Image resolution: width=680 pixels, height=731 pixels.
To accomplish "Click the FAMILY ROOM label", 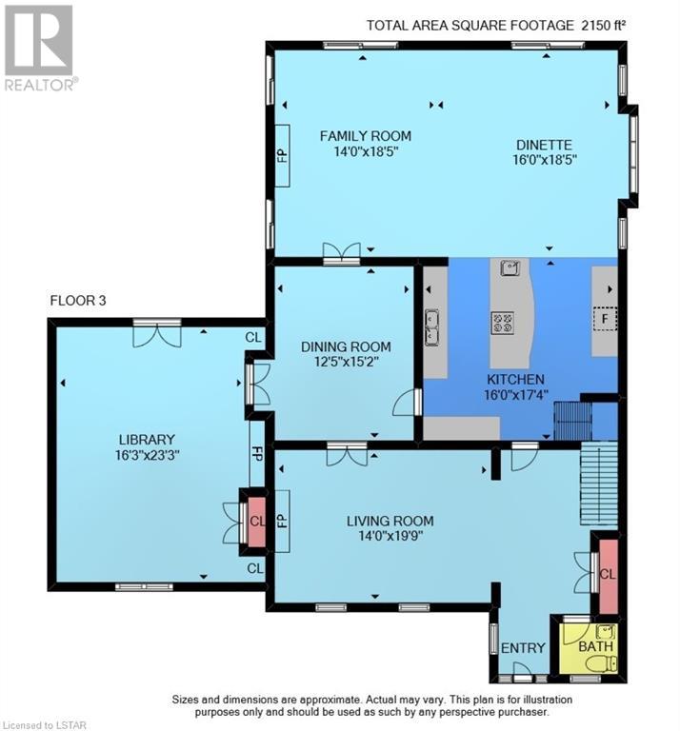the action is (365, 136).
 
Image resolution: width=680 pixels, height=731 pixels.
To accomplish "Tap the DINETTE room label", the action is (544, 145).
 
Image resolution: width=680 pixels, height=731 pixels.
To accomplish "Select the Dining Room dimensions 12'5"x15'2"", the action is (346, 362).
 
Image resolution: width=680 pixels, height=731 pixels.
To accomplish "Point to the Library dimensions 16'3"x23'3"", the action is (148, 455).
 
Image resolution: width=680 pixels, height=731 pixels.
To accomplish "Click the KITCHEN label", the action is (515, 380).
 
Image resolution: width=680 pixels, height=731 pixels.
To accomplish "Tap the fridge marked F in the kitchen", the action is (605, 319).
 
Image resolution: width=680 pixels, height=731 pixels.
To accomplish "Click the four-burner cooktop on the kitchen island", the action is (502, 323).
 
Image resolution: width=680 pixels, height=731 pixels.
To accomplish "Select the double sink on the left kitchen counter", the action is (431, 327).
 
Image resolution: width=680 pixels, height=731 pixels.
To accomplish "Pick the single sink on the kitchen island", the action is (510, 268).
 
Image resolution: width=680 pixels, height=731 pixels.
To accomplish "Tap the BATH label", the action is (595, 646).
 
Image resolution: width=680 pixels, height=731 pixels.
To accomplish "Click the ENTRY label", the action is (523, 647).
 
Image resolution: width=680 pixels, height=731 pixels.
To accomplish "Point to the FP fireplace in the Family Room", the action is (283, 156).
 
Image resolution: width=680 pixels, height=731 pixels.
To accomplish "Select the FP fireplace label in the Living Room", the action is (282, 521).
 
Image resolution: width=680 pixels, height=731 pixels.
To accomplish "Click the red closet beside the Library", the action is (256, 522).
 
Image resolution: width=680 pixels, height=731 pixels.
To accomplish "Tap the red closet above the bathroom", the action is (609, 576).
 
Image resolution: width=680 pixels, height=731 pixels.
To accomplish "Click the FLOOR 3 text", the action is (78, 301).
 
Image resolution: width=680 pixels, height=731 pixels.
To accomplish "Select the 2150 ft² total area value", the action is (603, 25).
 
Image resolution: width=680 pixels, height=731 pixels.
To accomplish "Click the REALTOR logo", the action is (39, 48).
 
